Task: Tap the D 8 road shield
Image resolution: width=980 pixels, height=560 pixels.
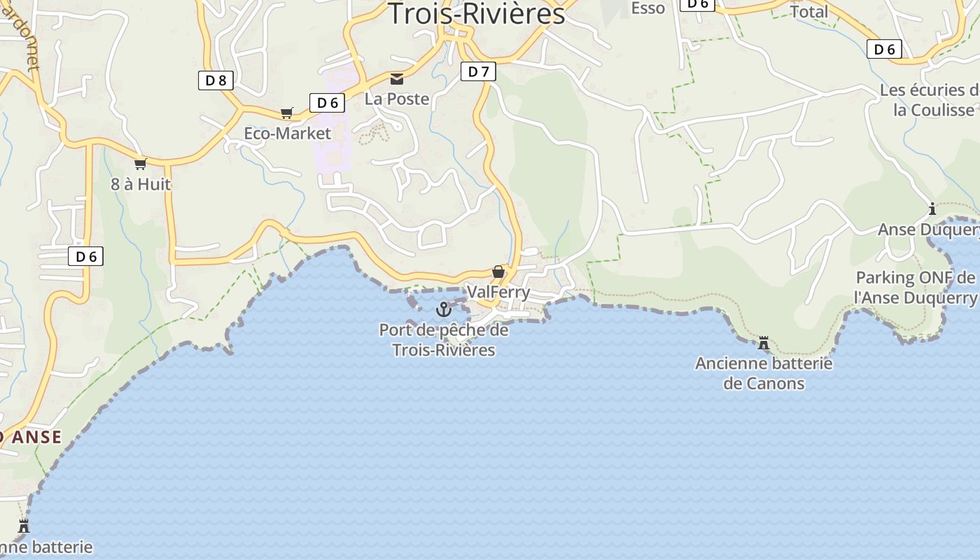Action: click(216, 80)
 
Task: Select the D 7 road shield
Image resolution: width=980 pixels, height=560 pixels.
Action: click(478, 71)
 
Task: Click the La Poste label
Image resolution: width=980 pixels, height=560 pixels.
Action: click(397, 99)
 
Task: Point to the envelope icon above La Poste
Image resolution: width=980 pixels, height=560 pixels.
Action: click(397, 78)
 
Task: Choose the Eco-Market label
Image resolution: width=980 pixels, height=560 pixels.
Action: click(287, 133)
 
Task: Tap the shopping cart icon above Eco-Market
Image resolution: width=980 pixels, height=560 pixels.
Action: click(286, 113)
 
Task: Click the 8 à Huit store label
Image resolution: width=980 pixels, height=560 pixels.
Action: click(141, 184)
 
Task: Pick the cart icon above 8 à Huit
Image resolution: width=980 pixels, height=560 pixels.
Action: click(140, 164)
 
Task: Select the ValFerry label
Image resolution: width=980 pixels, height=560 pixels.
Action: click(498, 291)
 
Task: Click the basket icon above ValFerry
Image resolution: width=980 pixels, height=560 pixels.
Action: click(498, 271)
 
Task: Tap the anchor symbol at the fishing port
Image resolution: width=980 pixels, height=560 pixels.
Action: click(443, 309)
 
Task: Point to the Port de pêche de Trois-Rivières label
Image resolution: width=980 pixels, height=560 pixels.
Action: click(444, 339)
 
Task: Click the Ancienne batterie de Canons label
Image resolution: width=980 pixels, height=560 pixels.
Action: click(764, 373)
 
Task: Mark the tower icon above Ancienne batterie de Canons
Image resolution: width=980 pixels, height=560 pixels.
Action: click(764, 343)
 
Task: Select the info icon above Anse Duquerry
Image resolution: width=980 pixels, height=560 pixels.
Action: click(932, 209)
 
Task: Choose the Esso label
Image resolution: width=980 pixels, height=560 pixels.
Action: click(647, 8)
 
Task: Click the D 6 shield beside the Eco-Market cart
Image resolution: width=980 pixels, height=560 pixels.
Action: click(327, 103)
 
